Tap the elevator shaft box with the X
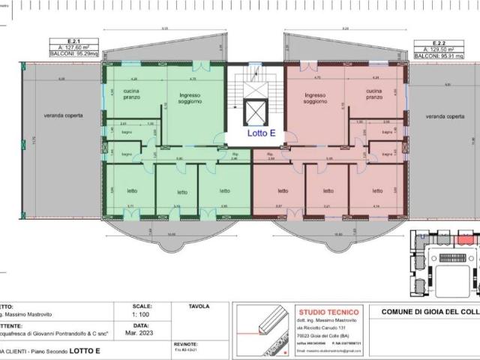pos(255,111)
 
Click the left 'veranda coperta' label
pos(63,116)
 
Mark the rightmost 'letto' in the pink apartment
pos(376,190)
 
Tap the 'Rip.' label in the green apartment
pos(233,155)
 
